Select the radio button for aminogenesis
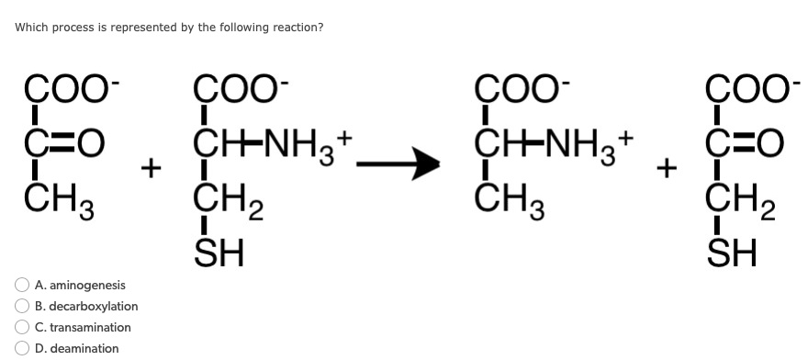[22, 286]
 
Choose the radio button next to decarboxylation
[22, 307]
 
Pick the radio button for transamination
[22, 328]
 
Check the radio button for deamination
[22, 349]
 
